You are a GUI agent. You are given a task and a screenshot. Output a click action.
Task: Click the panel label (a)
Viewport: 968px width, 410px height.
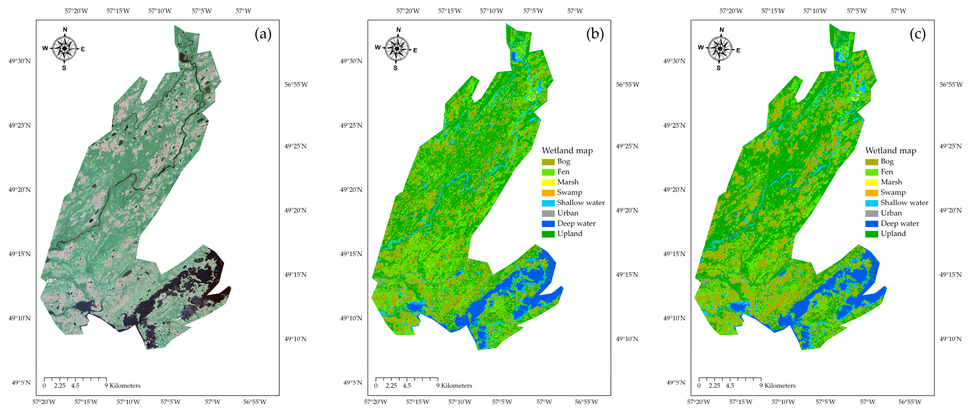tap(263, 34)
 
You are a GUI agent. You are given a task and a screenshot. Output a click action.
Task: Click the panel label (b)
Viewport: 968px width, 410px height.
tap(595, 34)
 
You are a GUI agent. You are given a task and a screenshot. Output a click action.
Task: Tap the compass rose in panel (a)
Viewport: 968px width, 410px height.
tap(65, 49)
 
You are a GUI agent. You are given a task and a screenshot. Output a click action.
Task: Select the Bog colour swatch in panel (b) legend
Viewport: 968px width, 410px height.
tap(548, 162)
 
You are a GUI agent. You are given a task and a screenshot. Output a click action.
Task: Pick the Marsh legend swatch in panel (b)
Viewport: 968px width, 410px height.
tap(548, 183)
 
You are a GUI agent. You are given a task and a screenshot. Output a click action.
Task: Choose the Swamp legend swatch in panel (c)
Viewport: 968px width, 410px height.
tap(871, 193)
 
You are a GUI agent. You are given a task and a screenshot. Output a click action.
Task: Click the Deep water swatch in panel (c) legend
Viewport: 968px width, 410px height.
tap(871, 224)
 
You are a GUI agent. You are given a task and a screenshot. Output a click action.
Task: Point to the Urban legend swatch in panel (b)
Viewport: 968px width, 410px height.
tap(548, 213)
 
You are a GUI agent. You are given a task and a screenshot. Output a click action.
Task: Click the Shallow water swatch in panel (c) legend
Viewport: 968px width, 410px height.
tap(871, 203)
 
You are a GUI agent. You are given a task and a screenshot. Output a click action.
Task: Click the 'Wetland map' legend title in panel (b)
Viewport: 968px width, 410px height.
tap(567, 151)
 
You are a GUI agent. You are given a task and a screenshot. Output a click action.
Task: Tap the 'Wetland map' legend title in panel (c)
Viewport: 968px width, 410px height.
tap(891, 151)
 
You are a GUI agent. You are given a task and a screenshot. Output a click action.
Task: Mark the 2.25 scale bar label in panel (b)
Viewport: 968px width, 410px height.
tap(391, 386)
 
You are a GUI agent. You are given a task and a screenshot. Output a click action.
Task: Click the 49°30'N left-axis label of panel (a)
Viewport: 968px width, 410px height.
tap(20, 61)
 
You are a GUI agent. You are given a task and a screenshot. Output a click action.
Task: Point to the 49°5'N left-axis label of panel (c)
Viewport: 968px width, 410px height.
tap(676, 382)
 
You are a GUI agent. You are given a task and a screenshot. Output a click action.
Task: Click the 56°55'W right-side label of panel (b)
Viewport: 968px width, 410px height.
tap(627, 85)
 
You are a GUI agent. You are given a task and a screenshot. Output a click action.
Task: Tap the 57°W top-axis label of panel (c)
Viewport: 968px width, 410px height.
tap(898, 11)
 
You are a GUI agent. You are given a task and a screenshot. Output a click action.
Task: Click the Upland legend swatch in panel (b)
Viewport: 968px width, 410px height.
tap(548, 234)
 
